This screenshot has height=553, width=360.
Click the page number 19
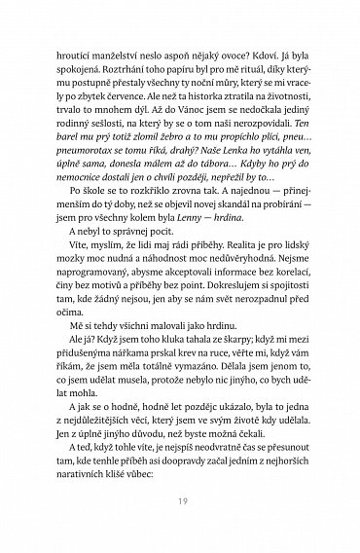pyautogui.click(x=180, y=502)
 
